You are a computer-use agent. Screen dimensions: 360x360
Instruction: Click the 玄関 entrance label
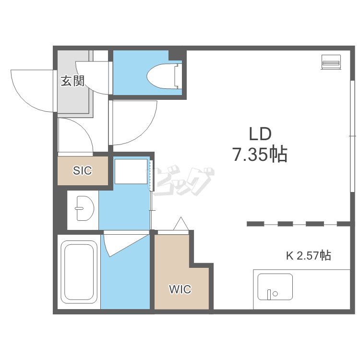pyautogui.click(x=72, y=81)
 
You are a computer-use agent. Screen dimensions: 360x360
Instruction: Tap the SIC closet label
pyautogui.click(x=83, y=170)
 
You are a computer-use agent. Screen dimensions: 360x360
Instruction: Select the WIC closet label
pyautogui.click(x=180, y=289)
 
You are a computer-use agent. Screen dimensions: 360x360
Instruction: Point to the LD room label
pyautogui.click(x=260, y=134)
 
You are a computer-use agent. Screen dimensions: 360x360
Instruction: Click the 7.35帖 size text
pyautogui.click(x=260, y=154)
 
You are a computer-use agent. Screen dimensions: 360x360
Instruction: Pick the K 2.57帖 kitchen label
pyautogui.click(x=308, y=255)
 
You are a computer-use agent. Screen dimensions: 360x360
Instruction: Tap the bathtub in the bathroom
pyautogui.click(x=79, y=272)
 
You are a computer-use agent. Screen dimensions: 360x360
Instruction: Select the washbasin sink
pyautogui.click(x=84, y=208)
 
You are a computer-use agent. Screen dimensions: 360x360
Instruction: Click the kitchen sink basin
pyautogui.click(x=275, y=287)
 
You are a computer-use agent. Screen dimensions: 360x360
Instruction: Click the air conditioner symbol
pyautogui.click(x=331, y=62)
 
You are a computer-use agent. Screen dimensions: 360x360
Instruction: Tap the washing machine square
pyautogui.click(x=131, y=171)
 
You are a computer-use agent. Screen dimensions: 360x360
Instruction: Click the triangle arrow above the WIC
pyautogui.click(x=181, y=223)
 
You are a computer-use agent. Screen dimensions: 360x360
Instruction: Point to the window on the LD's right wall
pyautogui.click(x=352, y=136)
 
